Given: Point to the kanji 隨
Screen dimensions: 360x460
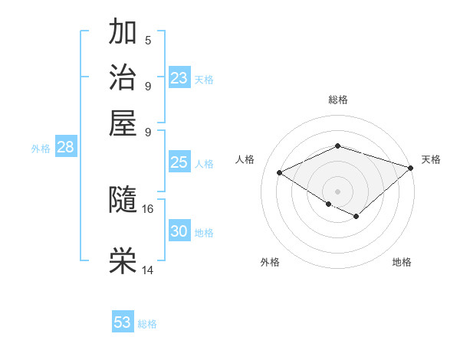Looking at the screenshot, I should (123, 201).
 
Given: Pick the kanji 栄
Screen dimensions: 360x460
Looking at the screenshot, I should (123, 261).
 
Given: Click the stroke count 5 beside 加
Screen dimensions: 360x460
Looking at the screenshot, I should (148, 40).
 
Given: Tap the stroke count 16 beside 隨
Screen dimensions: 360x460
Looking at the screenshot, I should (149, 208).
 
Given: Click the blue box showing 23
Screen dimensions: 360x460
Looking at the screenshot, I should (179, 78).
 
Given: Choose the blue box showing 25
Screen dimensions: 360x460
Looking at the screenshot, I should (179, 162).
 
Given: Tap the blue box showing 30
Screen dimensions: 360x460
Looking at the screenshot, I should (179, 231).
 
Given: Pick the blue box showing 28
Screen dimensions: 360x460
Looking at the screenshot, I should (65, 148).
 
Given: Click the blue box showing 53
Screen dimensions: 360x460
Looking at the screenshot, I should (123, 322).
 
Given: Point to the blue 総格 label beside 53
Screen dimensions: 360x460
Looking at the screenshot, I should (147, 324).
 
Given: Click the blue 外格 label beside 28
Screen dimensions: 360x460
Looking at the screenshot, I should (41, 149).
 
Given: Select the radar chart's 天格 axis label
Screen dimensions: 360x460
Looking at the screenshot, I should (431, 159).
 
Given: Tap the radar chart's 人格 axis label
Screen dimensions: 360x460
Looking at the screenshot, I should (245, 159).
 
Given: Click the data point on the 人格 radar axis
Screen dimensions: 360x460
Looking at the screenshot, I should (280, 173).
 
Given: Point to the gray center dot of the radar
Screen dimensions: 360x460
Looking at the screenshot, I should (337, 191).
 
